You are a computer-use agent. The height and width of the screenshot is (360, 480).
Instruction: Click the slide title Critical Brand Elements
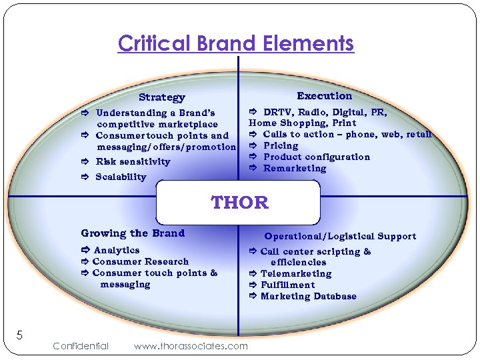(x=236, y=44)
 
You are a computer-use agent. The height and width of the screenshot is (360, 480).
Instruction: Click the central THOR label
(x=239, y=203)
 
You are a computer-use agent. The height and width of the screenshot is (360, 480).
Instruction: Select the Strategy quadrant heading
(x=162, y=97)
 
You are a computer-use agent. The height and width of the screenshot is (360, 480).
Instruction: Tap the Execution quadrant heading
(x=324, y=96)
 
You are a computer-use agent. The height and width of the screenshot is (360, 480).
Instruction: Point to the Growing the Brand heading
(x=133, y=233)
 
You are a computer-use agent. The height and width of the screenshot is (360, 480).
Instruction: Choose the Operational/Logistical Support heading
(x=340, y=236)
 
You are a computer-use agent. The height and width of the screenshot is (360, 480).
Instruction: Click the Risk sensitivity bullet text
(x=133, y=161)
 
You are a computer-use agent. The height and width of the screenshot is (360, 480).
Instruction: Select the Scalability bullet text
(x=121, y=177)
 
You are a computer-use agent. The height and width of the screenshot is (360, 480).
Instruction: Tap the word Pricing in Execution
(x=281, y=145)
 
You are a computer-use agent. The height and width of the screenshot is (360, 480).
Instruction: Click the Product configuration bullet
(x=316, y=157)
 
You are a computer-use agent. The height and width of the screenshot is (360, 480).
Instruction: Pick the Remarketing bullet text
(x=295, y=168)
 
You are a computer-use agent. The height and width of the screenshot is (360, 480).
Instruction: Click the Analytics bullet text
(x=117, y=250)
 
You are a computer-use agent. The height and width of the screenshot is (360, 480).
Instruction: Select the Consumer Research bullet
(x=140, y=261)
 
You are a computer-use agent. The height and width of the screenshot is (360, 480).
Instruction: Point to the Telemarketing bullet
(x=295, y=273)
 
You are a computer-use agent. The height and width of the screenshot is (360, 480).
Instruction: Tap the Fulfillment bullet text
(x=287, y=285)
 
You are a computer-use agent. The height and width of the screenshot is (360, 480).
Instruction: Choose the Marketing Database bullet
(x=308, y=296)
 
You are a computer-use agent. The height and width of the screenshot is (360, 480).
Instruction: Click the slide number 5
(x=19, y=335)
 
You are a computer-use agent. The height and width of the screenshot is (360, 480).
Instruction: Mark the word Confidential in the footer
(x=80, y=345)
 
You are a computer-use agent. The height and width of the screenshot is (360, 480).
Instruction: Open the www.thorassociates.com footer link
(x=191, y=345)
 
